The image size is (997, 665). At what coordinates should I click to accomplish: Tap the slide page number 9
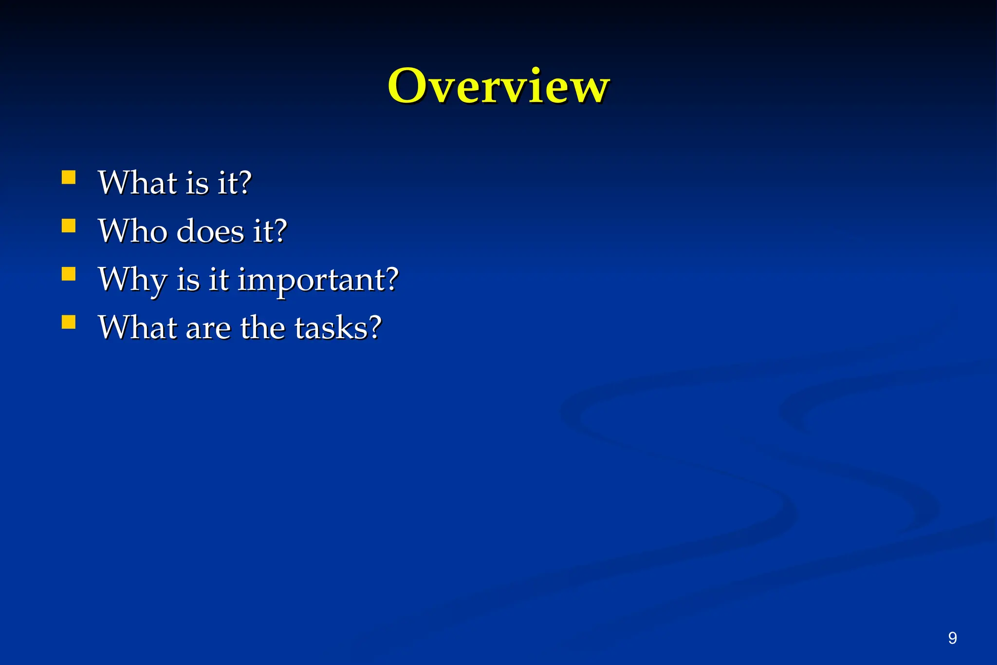coord(952,638)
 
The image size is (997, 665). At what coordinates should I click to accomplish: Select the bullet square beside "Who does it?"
coord(69,226)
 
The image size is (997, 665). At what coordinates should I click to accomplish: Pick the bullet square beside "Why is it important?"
coord(69,274)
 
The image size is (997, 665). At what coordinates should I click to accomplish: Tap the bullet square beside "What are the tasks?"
coord(69,322)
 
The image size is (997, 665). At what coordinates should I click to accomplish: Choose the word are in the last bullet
coord(208,328)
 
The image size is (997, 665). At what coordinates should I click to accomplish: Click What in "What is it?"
coord(137,183)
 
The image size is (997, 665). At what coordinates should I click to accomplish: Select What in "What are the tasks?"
coord(137,327)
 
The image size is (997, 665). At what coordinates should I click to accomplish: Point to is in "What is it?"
coord(197,183)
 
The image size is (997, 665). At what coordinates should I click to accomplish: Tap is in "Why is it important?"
coord(188,280)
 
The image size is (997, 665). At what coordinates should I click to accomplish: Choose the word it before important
coord(219,280)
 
